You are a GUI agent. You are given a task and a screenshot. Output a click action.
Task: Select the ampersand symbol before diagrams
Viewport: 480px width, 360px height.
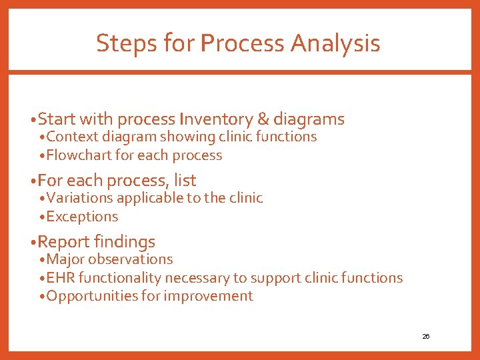tap(263, 119)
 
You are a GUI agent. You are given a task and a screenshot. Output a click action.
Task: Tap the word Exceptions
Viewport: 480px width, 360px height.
tap(83, 217)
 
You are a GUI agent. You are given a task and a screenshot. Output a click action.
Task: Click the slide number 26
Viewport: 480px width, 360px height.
tap(425, 337)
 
